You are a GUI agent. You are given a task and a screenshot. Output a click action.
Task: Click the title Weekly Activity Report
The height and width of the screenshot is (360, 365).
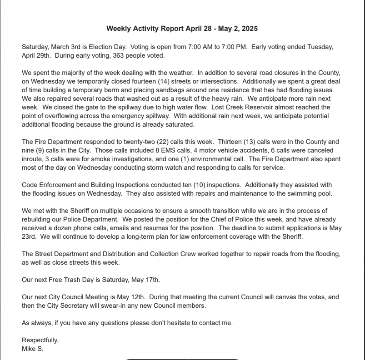182,29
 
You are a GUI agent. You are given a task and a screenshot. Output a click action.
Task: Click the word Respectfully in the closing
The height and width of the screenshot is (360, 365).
40,340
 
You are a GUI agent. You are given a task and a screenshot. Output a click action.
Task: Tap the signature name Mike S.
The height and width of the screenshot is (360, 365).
33,349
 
